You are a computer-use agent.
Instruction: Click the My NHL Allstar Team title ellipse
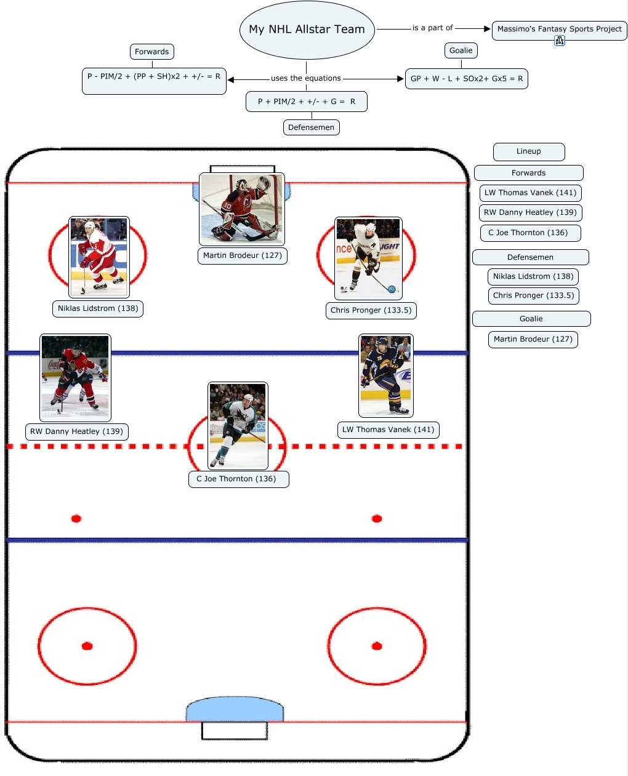tap(307, 30)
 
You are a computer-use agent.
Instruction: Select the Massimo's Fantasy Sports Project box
tap(559, 29)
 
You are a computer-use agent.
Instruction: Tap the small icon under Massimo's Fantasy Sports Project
tap(559, 41)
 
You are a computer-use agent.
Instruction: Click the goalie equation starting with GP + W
tap(467, 79)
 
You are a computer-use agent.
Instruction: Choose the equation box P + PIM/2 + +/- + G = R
tap(306, 102)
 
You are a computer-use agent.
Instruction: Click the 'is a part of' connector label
tap(432, 28)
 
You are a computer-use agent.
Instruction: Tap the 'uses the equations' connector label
tap(306, 78)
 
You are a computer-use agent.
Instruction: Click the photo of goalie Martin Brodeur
tap(242, 209)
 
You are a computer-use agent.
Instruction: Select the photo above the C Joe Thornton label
tap(238, 426)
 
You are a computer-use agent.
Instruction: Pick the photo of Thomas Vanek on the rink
tap(386, 375)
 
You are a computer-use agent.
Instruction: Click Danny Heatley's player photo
tap(75, 377)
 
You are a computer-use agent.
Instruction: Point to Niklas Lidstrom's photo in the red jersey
tap(99, 257)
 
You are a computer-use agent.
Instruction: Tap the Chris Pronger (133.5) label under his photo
tap(371, 310)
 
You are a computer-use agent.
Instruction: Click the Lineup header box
tap(529, 151)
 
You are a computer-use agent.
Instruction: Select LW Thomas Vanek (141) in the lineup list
tap(530, 193)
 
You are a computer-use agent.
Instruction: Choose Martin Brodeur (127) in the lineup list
tap(533, 339)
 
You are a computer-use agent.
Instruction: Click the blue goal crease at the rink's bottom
tap(235, 710)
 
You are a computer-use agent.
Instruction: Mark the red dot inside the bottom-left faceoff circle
tap(87, 646)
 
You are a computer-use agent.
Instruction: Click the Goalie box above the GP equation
tap(461, 50)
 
